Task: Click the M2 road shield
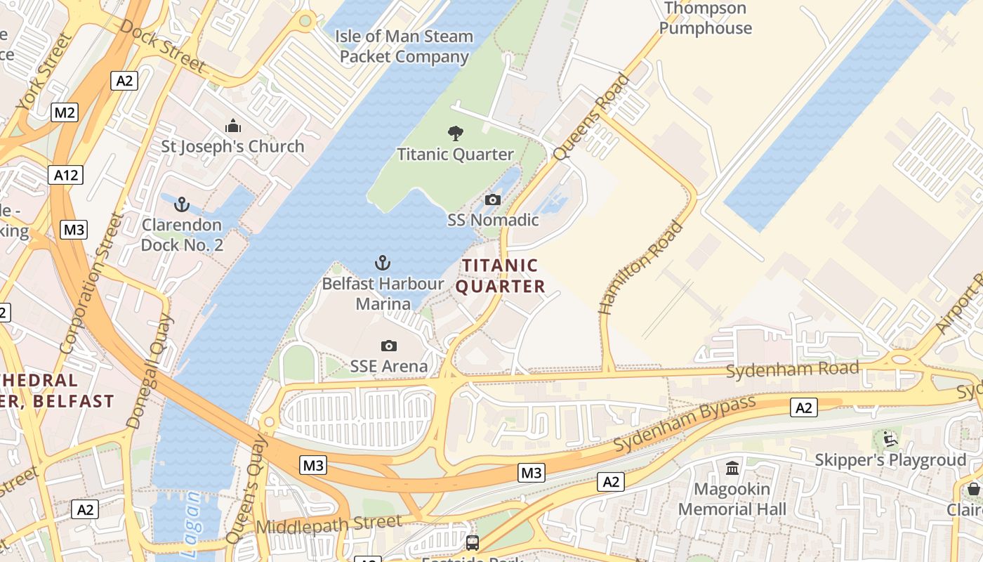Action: click(x=64, y=112)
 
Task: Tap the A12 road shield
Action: click(x=66, y=175)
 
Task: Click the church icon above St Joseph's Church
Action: click(x=233, y=126)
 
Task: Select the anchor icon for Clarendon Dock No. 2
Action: click(x=182, y=205)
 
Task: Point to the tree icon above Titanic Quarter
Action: click(x=456, y=133)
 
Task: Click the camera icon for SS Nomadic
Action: click(x=493, y=200)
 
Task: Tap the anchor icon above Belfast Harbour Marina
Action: click(x=383, y=263)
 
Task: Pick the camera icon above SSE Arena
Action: click(x=388, y=346)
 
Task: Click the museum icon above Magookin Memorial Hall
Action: click(x=732, y=468)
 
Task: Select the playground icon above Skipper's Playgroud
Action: click(x=890, y=440)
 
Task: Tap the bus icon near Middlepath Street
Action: click(x=473, y=542)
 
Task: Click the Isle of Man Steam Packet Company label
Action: click(x=404, y=46)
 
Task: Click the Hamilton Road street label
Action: click(x=640, y=268)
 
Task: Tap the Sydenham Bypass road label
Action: click(x=685, y=424)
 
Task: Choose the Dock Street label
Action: click(x=162, y=46)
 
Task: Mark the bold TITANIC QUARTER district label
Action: click(x=500, y=276)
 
